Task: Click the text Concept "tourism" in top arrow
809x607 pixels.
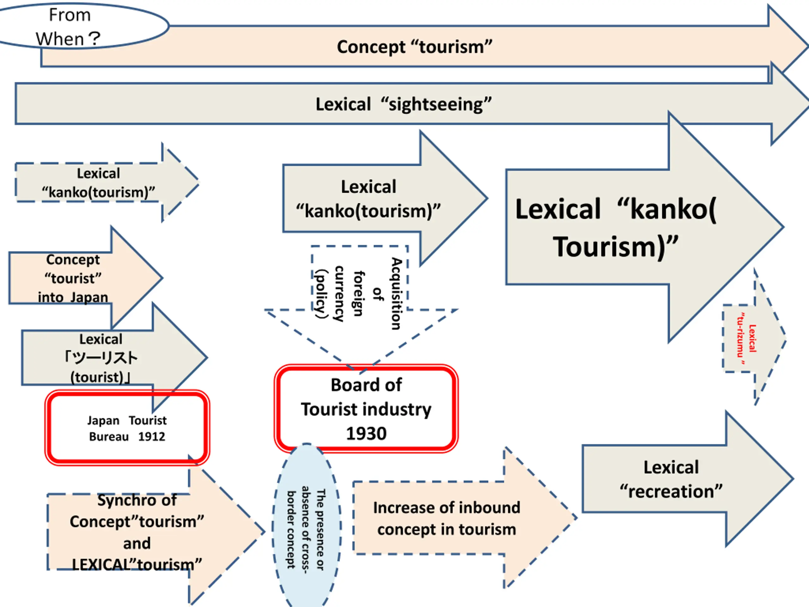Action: [x=414, y=47]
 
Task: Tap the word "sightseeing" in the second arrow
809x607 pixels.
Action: [x=440, y=104]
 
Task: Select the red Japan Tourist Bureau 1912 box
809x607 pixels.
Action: [x=127, y=428]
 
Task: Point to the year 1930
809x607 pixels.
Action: [x=366, y=433]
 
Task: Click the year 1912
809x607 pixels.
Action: [x=151, y=437]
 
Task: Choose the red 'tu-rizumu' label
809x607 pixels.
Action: [x=746, y=339]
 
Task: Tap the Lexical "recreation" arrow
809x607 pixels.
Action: [x=671, y=479]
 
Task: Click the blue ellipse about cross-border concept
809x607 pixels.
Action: [x=307, y=527]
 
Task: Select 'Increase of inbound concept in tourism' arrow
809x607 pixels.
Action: [x=446, y=518]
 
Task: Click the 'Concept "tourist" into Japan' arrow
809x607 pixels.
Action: [x=73, y=279]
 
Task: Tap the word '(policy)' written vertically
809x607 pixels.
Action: [x=321, y=293]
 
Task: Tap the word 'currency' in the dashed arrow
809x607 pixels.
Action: [x=339, y=293]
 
